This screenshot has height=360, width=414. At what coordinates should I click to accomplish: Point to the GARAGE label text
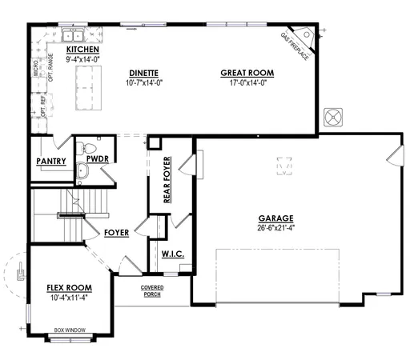[x=275, y=218]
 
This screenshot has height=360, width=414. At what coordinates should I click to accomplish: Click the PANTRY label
[x=50, y=161]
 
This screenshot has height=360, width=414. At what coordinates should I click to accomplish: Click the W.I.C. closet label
[x=173, y=254]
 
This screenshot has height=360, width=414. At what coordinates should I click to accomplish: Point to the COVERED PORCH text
[x=153, y=290]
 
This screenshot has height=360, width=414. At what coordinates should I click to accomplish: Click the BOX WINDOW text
[x=70, y=330]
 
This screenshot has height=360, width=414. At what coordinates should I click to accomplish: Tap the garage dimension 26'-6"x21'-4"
[x=275, y=227]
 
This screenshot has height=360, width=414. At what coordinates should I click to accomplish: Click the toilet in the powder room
[x=90, y=150]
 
